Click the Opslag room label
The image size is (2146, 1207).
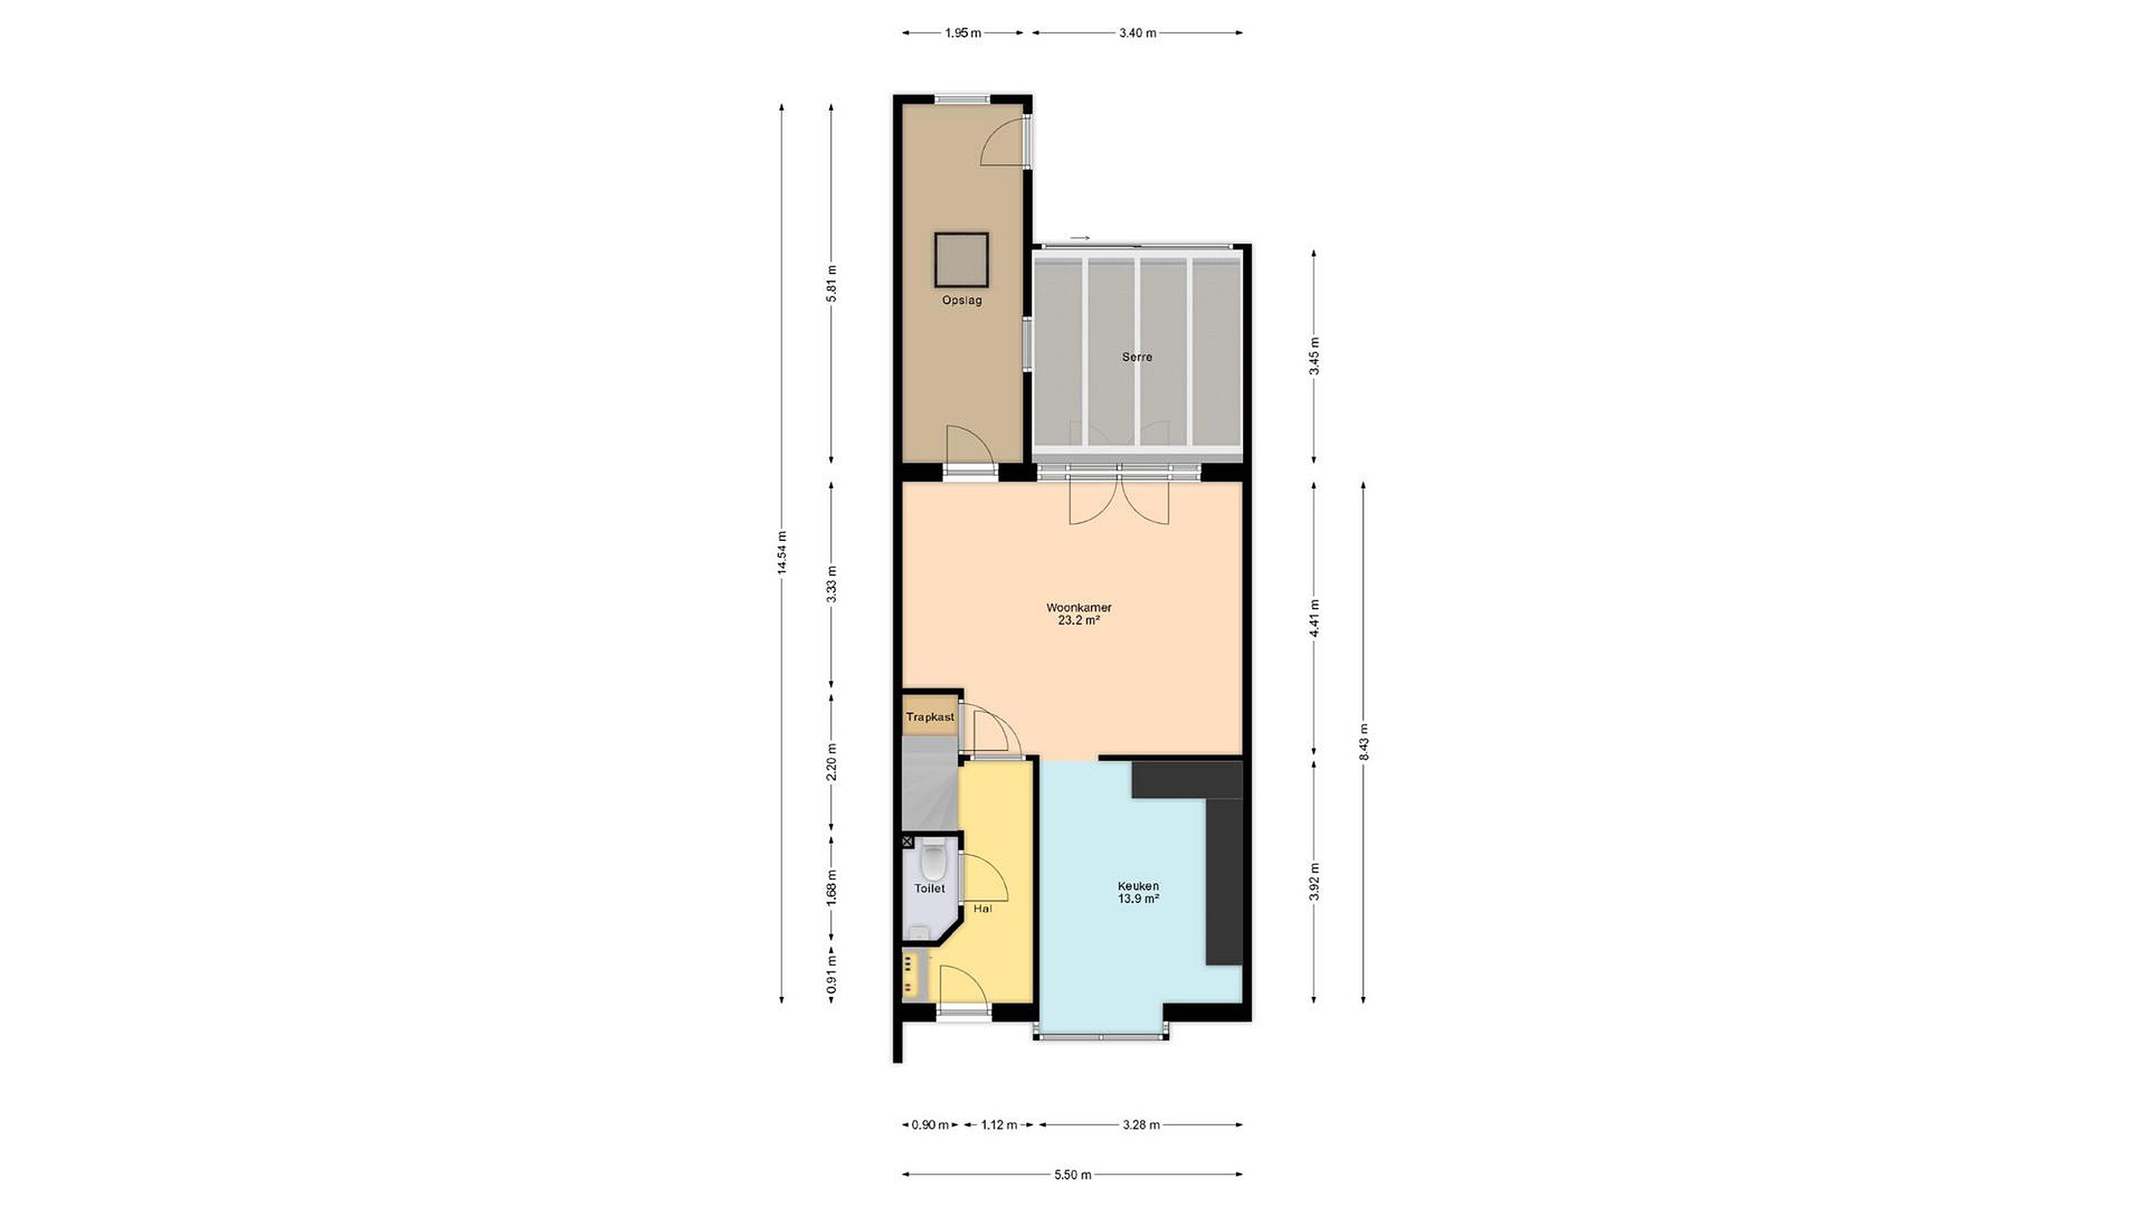coord(961,301)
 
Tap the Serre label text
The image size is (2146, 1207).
coord(1137,358)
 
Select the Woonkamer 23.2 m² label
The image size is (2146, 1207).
coord(1079,614)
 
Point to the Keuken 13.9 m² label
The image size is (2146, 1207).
coord(1139,892)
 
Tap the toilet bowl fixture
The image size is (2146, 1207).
coord(934,861)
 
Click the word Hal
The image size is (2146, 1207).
coord(983,909)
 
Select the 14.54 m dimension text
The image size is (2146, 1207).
coord(782,552)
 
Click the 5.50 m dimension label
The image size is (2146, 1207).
coord(1073,1176)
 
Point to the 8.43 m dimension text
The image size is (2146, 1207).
coord(1364,741)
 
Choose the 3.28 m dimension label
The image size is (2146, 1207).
coord(1142,1124)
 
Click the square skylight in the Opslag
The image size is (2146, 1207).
coord(961,259)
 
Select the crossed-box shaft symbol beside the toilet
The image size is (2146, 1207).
coord(908,842)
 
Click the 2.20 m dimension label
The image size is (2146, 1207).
coord(831,762)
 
